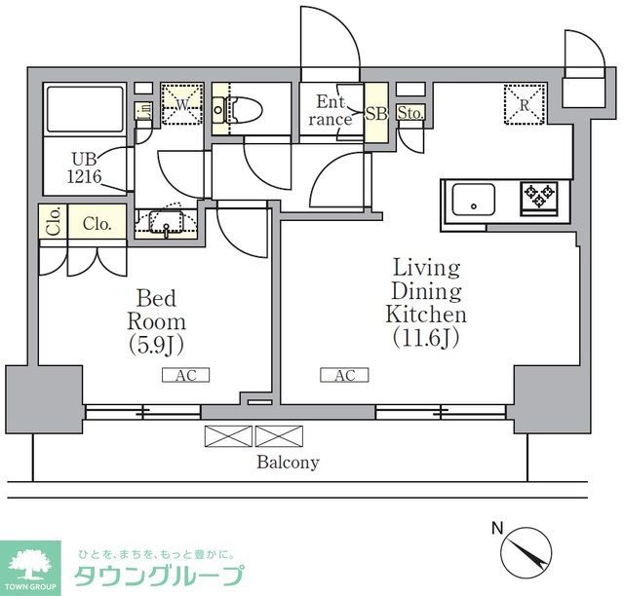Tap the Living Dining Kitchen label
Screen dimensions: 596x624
pyautogui.click(x=426, y=302)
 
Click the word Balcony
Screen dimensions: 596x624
pyautogui.click(x=288, y=463)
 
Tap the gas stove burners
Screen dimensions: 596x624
pyautogui.click(x=538, y=198)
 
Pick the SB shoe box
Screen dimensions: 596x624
pyautogui.click(x=376, y=113)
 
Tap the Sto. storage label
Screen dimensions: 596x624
pyautogui.click(x=410, y=113)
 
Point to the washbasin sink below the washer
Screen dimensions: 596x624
pyautogui.click(x=168, y=226)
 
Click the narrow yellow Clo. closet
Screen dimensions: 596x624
pyautogui.click(x=49, y=223)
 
